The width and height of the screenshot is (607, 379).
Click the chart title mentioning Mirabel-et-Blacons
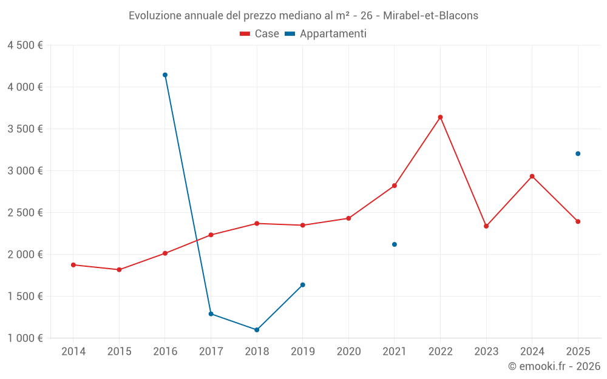tap(303, 16)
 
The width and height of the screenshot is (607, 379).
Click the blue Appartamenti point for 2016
tap(165, 75)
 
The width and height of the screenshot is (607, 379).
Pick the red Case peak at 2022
tap(440, 117)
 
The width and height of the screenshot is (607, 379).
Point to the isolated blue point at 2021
tap(395, 244)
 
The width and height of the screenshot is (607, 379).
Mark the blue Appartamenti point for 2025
tap(578, 153)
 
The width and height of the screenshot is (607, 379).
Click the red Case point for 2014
tap(73, 265)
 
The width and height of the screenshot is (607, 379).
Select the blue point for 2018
tap(257, 330)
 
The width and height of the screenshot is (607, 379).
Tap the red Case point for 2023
tap(486, 226)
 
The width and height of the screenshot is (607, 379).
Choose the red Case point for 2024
tap(532, 176)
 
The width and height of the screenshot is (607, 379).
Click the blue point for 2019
tap(303, 285)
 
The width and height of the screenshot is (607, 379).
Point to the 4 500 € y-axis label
tap(25, 45)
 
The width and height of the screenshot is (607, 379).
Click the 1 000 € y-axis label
tap(25, 338)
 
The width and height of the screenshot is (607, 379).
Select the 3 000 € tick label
tap(25, 171)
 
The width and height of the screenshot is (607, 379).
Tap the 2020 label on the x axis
tap(348, 352)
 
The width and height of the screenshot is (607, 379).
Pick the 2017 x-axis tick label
tap(211, 352)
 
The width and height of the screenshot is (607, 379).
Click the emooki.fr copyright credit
tap(554, 366)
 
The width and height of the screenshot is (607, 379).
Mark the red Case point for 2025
tap(578, 221)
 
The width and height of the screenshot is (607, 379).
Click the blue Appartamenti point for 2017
tap(211, 314)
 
